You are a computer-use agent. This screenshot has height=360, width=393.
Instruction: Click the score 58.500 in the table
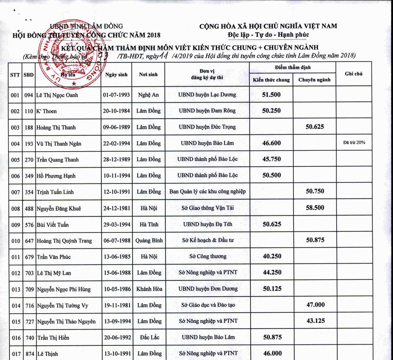tap(315, 208)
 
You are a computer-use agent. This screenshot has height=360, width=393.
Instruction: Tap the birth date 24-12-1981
tap(117, 208)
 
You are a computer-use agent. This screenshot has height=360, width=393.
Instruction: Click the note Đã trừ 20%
tap(354, 143)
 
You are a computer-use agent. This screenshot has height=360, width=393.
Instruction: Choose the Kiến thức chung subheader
tap(272, 80)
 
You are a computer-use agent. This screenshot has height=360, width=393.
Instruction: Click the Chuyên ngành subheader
tap(314, 80)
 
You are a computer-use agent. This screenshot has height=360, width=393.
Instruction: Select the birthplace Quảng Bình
tap(149, 240)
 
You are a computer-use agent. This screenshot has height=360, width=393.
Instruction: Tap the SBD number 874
tap(29, 354)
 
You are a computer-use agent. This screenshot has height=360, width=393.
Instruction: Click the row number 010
tap(15, 241)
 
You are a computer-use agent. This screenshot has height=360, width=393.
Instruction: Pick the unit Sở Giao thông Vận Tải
tap(207, 208)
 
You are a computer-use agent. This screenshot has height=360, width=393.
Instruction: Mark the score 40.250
tap(272, 257)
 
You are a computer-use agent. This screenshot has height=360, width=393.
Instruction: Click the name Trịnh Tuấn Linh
tap(55, 192)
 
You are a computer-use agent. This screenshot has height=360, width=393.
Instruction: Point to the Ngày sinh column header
tap(117, 74)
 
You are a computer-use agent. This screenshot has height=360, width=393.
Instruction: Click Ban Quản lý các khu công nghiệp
tap(207, 192)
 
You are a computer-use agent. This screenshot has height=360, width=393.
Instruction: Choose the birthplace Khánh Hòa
tap(149, 289)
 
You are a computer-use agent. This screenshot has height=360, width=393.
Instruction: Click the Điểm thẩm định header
tap(293, 67)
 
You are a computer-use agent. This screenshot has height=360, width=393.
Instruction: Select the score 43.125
tap(315, 321)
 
